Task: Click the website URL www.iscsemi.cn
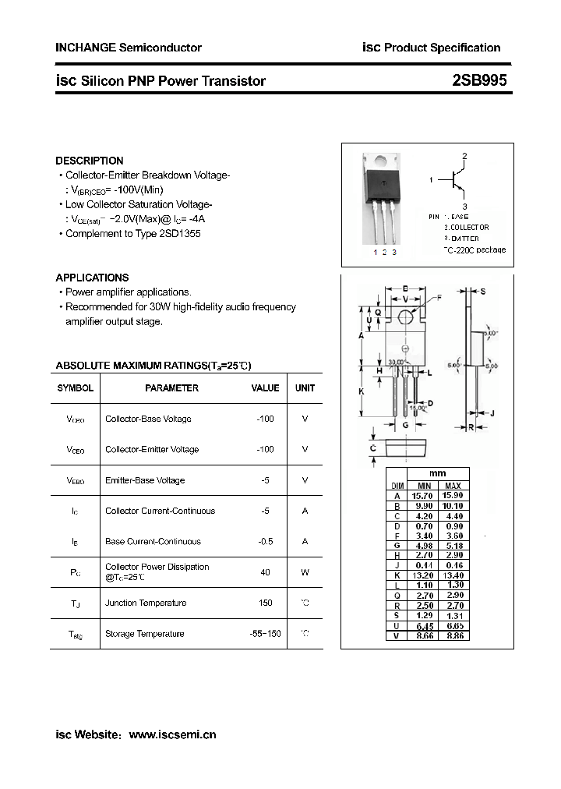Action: [172, 734]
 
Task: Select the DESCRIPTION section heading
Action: [90, 161]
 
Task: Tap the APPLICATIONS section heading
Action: [92, 278]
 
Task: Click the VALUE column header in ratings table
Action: [265, 387]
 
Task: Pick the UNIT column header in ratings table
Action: [305, 387]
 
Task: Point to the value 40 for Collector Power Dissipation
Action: [265, 572]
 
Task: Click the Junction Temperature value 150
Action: [265, 603]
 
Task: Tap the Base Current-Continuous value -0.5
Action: [265, 541]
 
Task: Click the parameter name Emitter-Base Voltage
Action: [145, 480]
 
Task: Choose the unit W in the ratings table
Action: [305, 572]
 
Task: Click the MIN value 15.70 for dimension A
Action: [422, 496]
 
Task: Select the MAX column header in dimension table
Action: [453, 486]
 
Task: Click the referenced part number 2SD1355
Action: [180, 234]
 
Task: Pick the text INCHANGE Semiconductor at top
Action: [129, 48]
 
